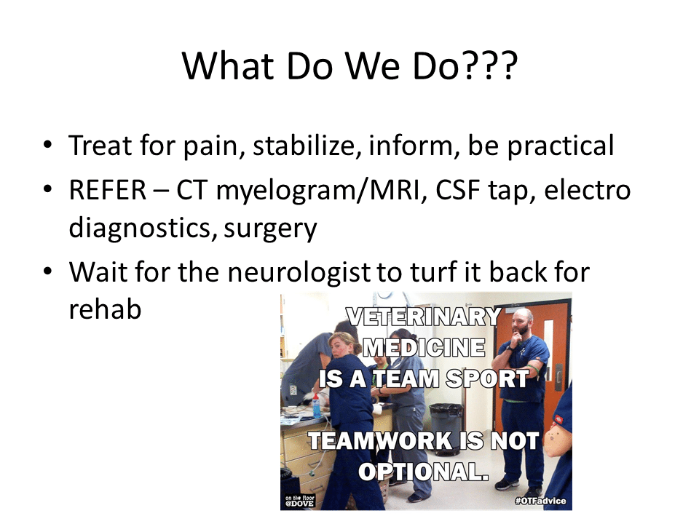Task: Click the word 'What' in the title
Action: (227, 65)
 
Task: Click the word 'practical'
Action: (561, 146)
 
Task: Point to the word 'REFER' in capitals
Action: (108, 190)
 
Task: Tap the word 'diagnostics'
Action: (140, 228)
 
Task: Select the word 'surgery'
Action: (270, 229)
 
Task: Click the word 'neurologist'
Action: (299, 273)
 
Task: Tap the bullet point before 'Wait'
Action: (48, 271)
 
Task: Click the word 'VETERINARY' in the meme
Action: (424, 317)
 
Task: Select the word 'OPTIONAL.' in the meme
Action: (424, 472)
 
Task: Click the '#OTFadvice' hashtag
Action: (540, 501)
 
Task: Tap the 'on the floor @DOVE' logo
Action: (300, 501)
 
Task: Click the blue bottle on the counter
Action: (316, 406)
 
